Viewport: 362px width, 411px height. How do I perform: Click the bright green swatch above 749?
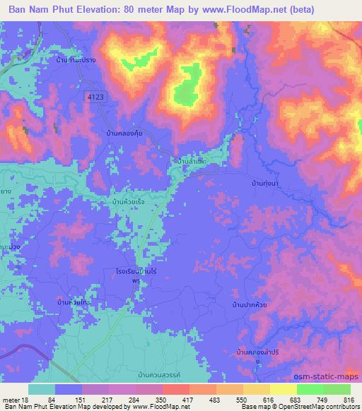311,389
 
